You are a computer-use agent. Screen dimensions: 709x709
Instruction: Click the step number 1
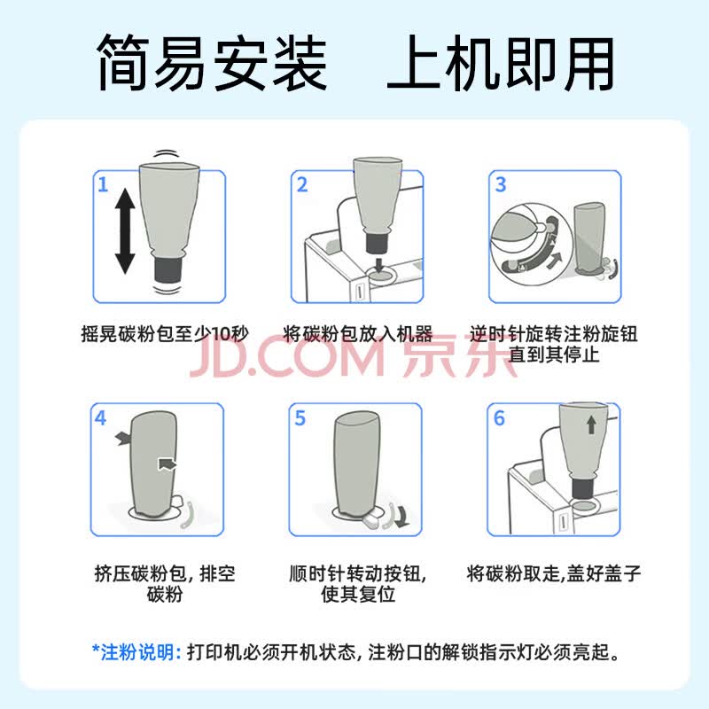tap(103, 184)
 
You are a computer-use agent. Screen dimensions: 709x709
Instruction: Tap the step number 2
tap(302, 184)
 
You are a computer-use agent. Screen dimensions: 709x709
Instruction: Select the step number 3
tap(500, 184)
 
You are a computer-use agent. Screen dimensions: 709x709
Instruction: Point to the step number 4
tap(100, 417)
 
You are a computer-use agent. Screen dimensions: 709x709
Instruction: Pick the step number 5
tap(300, 418)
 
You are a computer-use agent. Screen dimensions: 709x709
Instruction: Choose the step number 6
tap(499, 418)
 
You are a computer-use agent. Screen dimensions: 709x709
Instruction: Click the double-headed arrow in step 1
tap(125, 231)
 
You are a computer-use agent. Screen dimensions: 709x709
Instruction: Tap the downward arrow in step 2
tap(379, 264)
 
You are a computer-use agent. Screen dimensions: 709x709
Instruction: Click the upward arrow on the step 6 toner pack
tap(591, 425)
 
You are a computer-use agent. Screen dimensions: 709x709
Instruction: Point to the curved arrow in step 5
tap(401, 517)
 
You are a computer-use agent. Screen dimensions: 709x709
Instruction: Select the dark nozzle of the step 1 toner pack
tap(168, 269)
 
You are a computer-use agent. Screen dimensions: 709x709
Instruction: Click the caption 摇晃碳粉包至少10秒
tap(165, 334)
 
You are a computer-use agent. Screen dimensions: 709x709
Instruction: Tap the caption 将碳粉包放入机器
tap(358, 334)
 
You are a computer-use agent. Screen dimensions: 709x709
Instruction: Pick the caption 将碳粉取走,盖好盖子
tap(553, 573)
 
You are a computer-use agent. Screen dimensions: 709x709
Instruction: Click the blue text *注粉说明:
tap(136, 652)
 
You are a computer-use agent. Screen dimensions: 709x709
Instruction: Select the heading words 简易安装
tap(212, 62)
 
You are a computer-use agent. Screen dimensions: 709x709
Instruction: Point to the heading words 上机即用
tap(501, 62)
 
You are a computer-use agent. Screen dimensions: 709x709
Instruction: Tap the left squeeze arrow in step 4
tap(122, 438)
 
